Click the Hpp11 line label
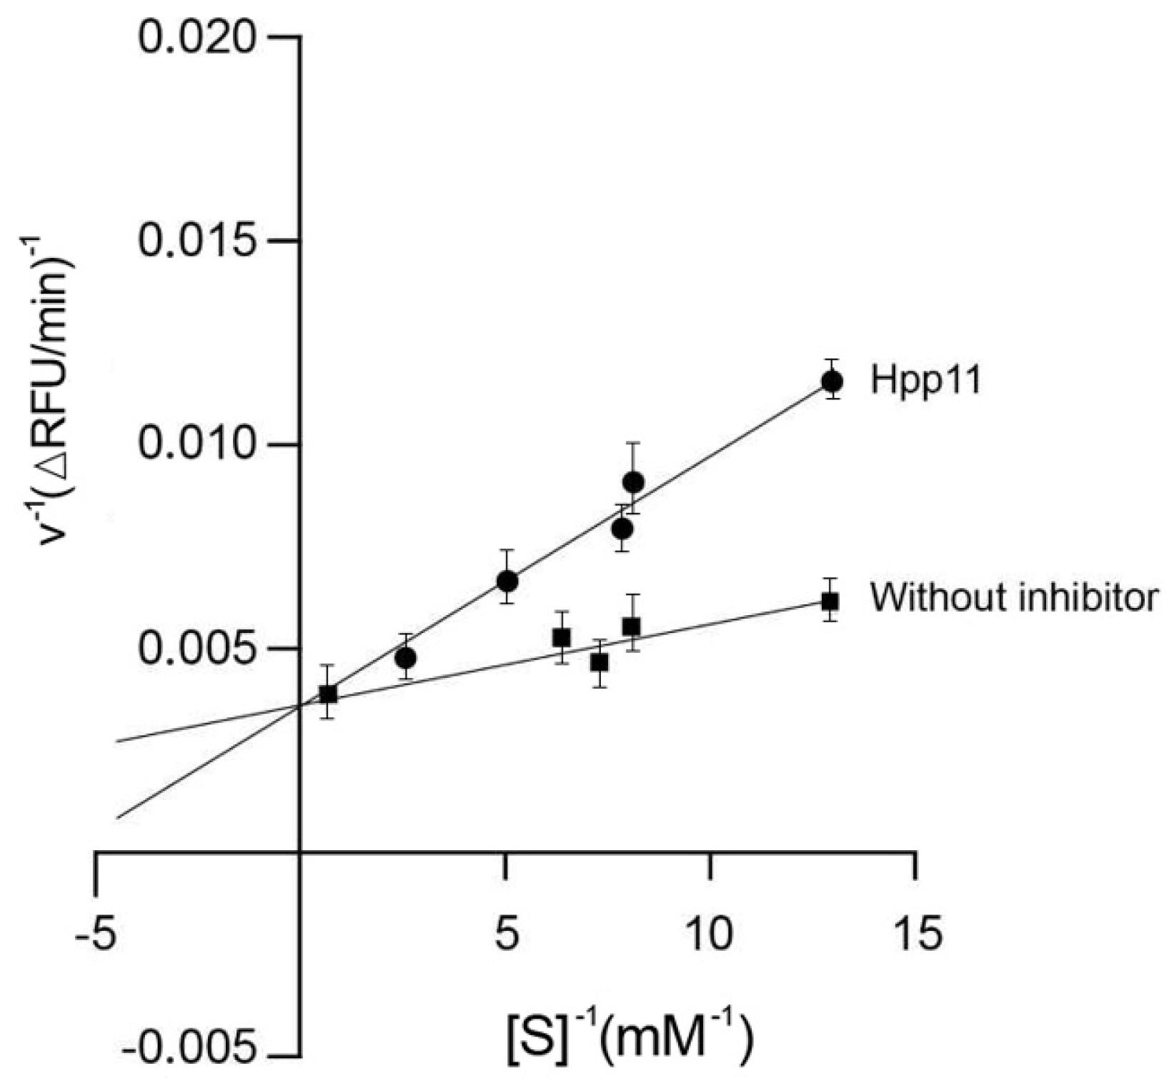coord(926,381)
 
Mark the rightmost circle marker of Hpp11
coord(832,381)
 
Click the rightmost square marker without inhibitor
coord(830,601)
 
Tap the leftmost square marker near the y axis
coord(328,694)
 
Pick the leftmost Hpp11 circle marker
coord(406,657)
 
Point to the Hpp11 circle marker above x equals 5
coord(507,581)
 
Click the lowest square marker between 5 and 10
coord(600,662)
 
